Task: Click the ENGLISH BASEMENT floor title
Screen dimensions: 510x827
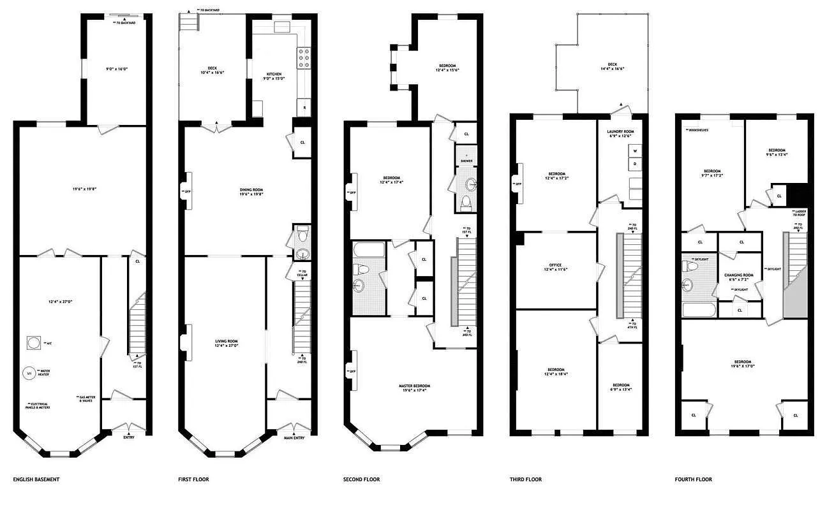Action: tap(36, 479)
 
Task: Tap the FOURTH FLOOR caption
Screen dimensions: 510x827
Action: tap(694, 479)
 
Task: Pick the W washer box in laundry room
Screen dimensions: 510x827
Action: tap(635, 151)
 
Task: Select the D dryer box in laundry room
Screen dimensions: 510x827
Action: tap(635, 164)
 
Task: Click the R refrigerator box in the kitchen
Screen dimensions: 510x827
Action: tap(304, 108)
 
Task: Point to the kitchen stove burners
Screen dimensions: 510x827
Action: tap(304, 59)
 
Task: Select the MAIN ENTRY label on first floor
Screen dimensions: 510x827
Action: tap(294, 437)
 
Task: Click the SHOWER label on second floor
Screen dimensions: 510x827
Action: tap(466, 161)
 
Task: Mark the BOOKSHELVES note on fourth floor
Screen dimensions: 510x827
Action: tap(698, 130)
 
